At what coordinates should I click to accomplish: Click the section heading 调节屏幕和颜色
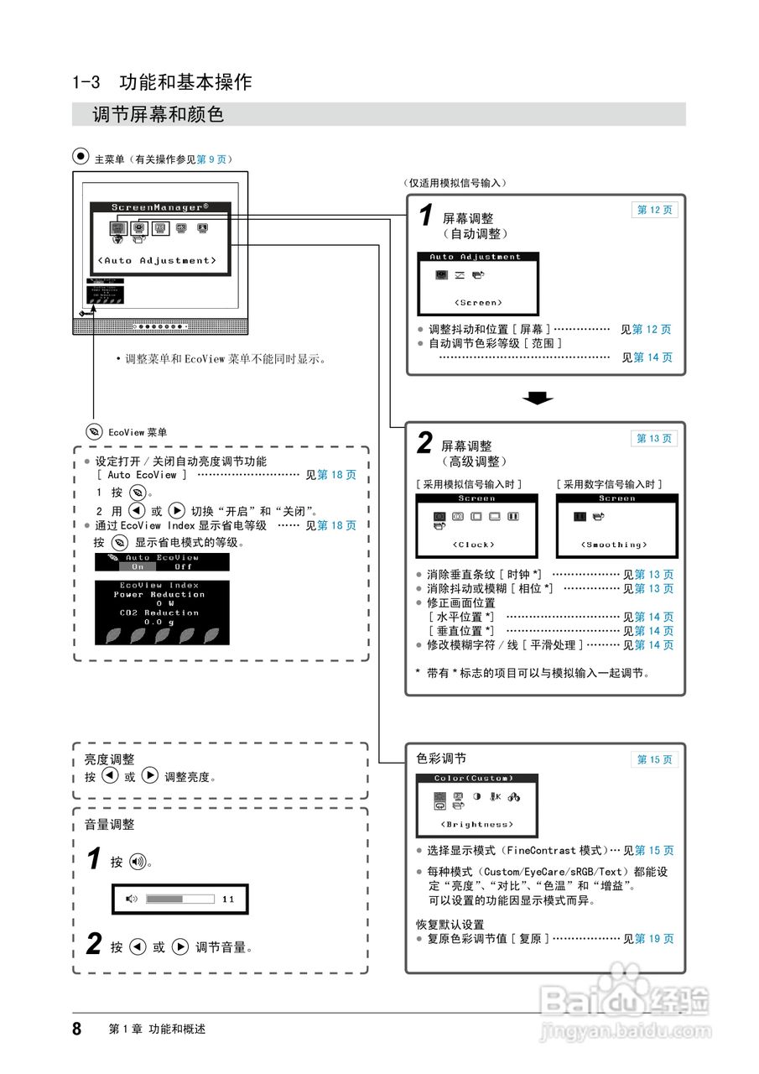click(159, 114)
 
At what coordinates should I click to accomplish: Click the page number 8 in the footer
click(77, 1029)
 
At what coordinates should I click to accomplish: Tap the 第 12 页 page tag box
click(654, 210)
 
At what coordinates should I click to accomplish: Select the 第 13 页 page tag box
click(654, 438)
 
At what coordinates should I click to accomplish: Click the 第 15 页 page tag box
click(654, 759)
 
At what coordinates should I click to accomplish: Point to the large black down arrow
click(537, 398)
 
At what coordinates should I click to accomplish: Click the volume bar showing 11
click(180, 899)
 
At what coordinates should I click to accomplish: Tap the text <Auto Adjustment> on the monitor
click(157, 260)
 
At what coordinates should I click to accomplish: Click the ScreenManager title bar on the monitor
click(160, 206)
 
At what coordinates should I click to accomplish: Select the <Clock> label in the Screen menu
click(476, 545)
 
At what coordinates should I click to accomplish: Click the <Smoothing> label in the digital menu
click(616, 545)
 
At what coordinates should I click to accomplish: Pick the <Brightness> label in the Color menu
click(477, 824)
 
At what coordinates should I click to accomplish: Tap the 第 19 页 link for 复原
click(654, 939)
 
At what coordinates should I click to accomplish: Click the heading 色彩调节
click(441, 759)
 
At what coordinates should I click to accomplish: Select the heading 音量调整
click(109, 825)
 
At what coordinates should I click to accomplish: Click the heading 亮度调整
click(109, 759)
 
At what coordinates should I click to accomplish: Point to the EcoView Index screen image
click(159, 612)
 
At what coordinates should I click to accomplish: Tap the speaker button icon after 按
click(138, 862)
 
